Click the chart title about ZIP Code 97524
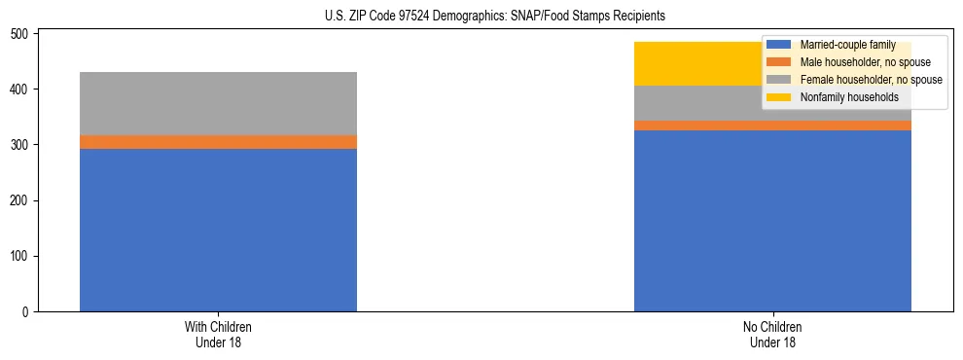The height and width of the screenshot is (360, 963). [x=495, y=17]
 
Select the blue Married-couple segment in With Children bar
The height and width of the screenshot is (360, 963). [x=218, y=230]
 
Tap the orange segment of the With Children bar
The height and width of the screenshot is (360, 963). [x=218, y=142]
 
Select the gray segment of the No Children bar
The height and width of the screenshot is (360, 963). [x=700, y=103]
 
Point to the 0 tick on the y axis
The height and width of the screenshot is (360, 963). [x=29, y=312]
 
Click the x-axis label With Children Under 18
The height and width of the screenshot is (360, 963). [x=218, y=334]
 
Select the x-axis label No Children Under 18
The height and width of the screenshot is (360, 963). [x=772, y=334]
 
